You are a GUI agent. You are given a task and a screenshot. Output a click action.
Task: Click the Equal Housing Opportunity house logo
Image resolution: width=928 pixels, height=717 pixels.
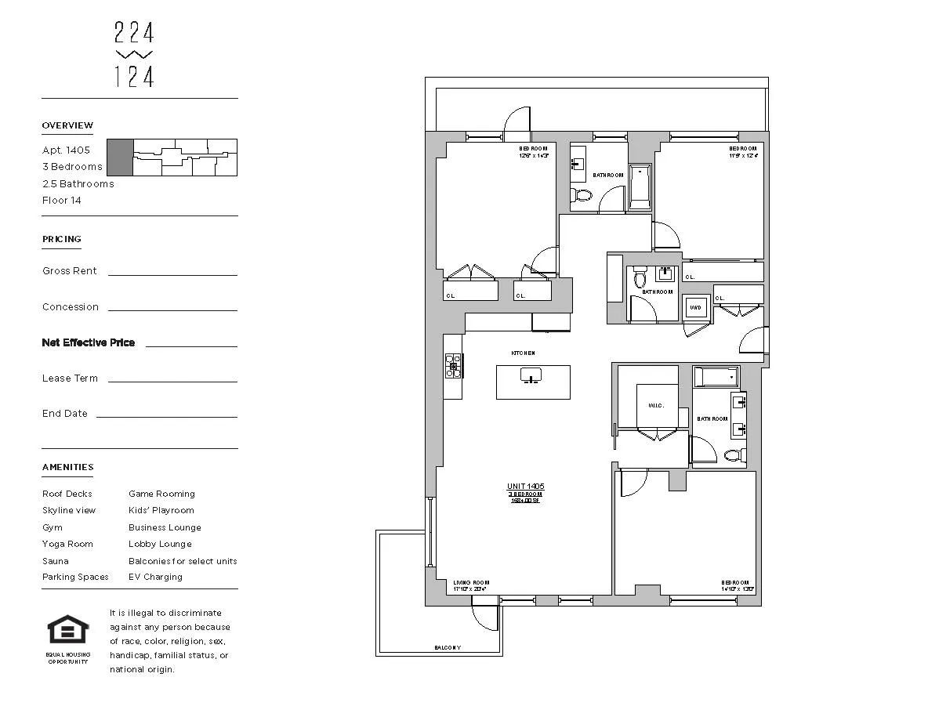tap(68, 629)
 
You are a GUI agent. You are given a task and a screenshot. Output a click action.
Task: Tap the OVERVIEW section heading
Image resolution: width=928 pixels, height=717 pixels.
tap(67, 125)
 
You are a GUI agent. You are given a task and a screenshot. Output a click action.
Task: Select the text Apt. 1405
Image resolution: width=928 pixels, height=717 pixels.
tap(66, 150)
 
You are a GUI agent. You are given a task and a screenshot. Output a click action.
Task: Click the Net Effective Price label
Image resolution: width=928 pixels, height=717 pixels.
tap(88, 342)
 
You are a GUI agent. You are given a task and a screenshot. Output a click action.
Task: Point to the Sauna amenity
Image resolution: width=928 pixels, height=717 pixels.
tap(55, 561)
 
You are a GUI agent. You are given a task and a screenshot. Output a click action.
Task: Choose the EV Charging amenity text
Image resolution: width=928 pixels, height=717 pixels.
tap(155, 577)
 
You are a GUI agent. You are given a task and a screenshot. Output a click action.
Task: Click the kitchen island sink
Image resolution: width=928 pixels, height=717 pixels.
tap(531, 376)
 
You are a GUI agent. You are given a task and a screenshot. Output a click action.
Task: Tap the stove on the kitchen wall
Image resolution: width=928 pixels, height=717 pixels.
tap(453, 366)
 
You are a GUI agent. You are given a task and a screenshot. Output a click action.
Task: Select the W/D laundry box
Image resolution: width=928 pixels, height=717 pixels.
tap(695, 307)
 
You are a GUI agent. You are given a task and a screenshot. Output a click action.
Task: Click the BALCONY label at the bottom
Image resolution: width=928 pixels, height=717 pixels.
tap(448, 648)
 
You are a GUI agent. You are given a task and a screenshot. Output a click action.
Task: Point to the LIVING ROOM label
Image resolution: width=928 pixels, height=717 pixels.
tap(471, 582)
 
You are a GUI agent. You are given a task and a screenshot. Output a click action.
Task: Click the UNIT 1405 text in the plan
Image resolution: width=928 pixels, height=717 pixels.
tap(525, 487)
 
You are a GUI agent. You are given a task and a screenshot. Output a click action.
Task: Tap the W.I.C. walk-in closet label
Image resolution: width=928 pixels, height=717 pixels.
tap(656, 406)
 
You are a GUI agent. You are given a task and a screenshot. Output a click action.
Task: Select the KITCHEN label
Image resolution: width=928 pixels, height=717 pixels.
tap(523, 353)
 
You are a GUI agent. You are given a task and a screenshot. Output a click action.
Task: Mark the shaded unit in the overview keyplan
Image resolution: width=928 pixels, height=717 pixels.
tap(119, 158)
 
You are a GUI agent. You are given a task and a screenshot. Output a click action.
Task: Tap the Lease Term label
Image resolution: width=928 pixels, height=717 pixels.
tap(70, 378)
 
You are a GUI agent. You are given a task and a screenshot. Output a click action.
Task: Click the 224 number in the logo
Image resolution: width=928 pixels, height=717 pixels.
tap(134, 33)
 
